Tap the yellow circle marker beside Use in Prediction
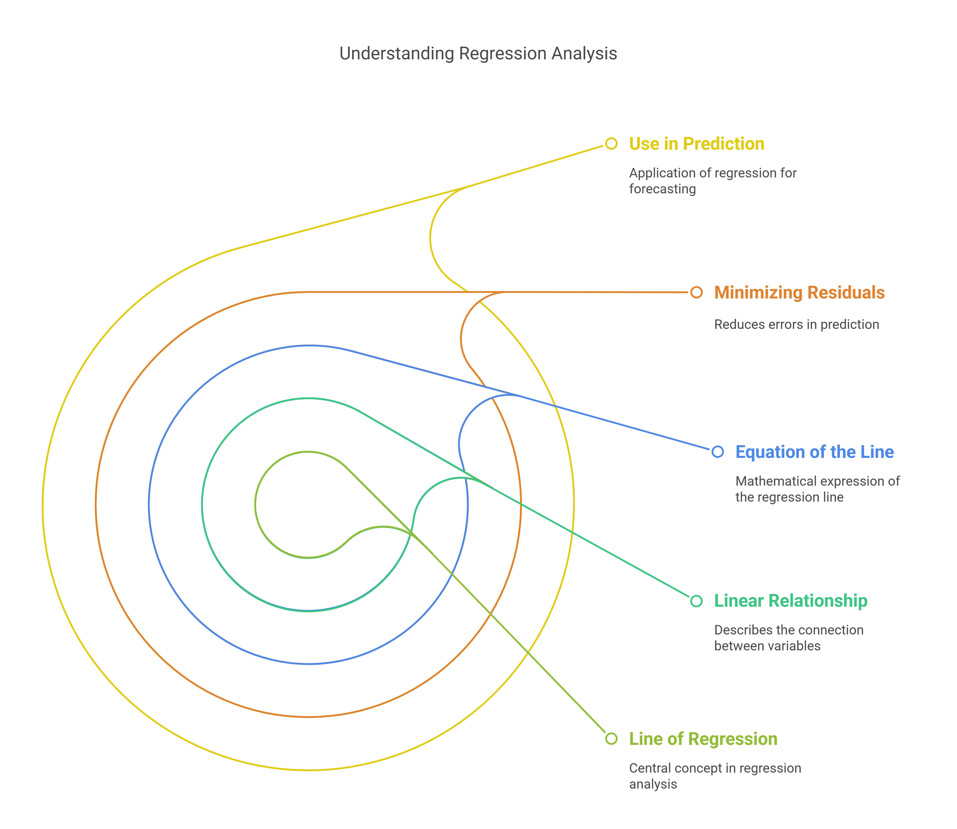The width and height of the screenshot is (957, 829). [x=611, y=143]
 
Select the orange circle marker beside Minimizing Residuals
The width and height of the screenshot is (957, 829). [x=696, y=292]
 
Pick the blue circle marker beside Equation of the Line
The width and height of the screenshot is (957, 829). [x=718, y=451]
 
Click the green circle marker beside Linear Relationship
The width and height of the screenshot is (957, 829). [x=696, y=601]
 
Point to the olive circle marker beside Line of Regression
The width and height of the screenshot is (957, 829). [x=611, y=739]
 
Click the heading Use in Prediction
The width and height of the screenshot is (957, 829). [x=696, y=144]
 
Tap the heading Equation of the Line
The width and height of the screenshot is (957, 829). [x=814, y=452]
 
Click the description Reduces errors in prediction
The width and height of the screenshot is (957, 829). [x=796, y=324]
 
